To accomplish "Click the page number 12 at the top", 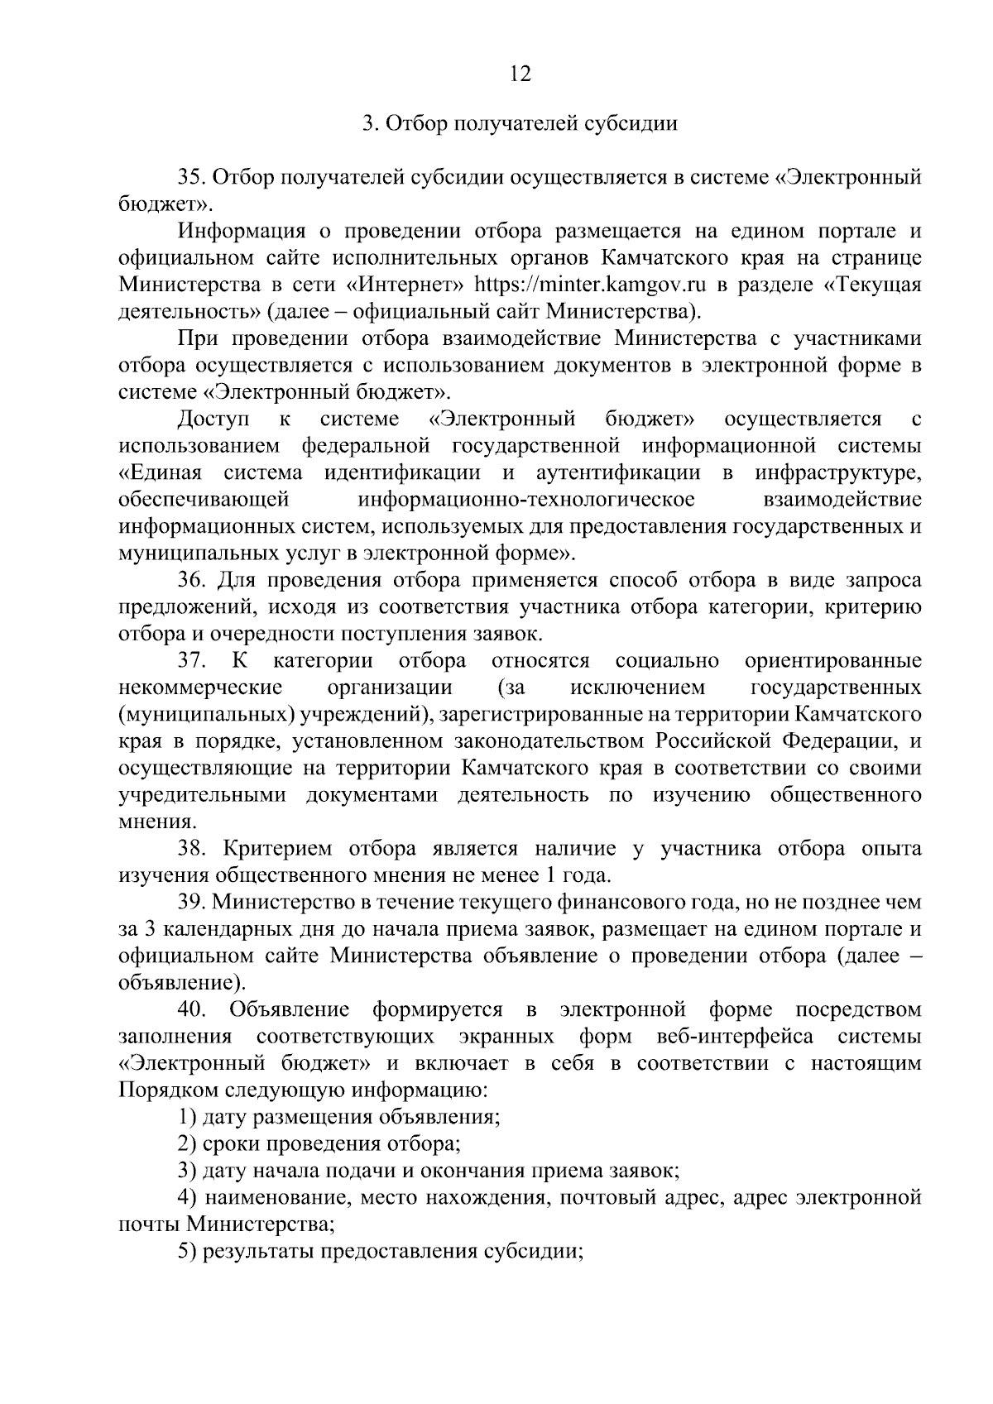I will point(520,74).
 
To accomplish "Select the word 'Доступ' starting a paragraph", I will point(214,419).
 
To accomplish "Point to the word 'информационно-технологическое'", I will point(526,500).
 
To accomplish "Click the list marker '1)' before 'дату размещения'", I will point(187,1118).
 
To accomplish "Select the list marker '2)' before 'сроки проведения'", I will point(187,1144).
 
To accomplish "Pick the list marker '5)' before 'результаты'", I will point(187,1252).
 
